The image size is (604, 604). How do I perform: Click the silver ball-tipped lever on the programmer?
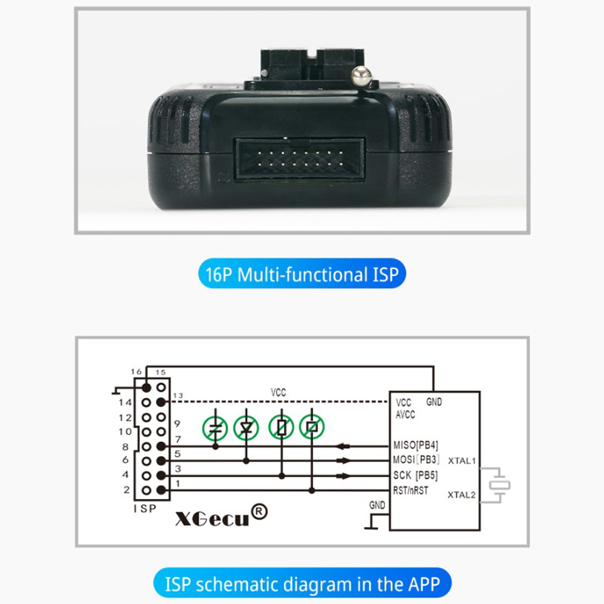[x=361, y=76]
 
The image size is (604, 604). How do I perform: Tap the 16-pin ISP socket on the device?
[x=300, y=159]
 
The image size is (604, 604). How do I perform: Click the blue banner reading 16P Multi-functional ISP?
[x=302, y=274]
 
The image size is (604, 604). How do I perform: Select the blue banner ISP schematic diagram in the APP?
[x=302, y=583]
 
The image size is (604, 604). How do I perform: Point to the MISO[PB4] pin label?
[x=416, y=445]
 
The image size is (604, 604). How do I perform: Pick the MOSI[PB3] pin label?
[x=416, y=460]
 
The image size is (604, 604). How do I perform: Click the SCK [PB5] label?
[x=416, y=475]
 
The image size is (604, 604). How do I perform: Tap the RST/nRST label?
[x=410, y=490]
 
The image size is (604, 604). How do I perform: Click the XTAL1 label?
[x=462, y=461]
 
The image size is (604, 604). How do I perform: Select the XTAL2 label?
[x=461, y=495]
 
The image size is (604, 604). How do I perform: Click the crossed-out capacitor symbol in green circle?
[x=215, y=428]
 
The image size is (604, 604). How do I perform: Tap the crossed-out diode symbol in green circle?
[x=246, y=428]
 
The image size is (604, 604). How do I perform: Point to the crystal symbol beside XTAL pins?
[x=500, y=486]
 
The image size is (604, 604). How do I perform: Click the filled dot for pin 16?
[x=146, y=387]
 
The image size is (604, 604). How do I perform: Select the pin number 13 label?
[x=178, y=396]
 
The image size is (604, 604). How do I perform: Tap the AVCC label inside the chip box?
[x=405, y=414]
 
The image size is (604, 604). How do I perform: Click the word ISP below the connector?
[x=145, y=509]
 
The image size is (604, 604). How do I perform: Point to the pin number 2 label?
[x=127, y=490]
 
